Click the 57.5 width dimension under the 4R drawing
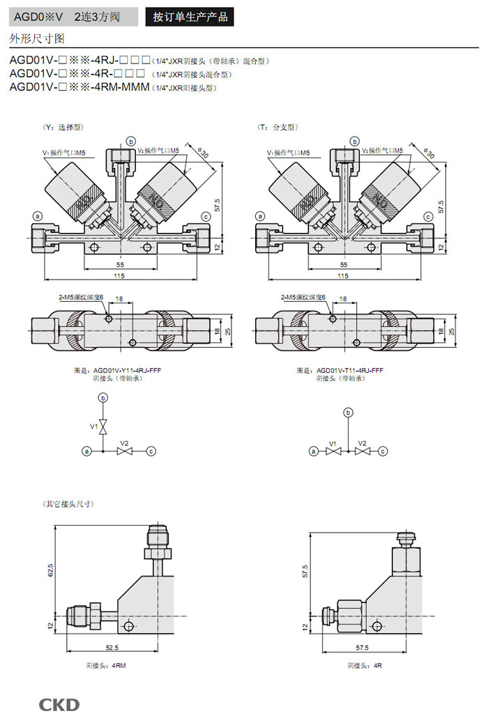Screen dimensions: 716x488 tap(361, 648)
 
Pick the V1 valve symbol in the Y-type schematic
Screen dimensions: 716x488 tap(103, 426)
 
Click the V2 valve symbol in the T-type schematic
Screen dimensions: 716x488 tap(361, 451)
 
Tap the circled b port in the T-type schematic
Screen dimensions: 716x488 tap(347, 413)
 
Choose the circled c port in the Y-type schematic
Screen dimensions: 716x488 tap(151, 451)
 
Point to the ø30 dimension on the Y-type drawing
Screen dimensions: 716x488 tap(203, 152)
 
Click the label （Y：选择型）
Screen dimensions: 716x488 tap(63, 127)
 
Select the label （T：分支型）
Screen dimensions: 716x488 tap(277, 127)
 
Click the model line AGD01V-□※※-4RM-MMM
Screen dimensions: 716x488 tap(80, 87)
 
